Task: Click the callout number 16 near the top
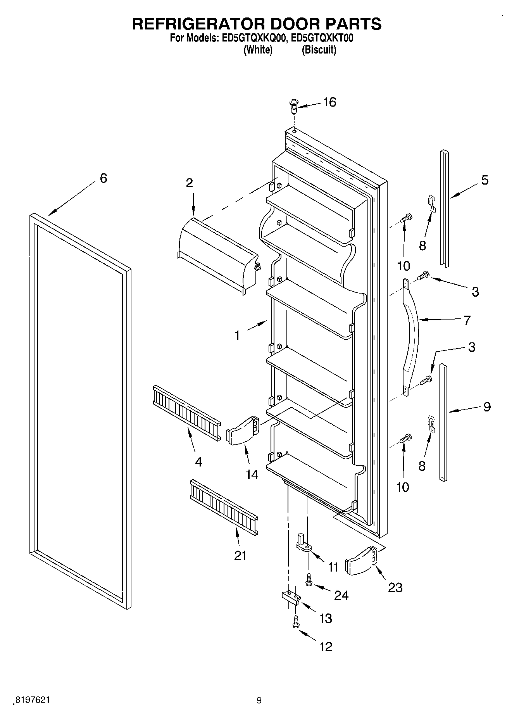[x=330, y=102]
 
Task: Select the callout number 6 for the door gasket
[x=103, y=178]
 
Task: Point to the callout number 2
[x=189, y=183]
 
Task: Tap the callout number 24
[x=341, y=595]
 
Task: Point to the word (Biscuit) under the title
[x=319, y=50]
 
